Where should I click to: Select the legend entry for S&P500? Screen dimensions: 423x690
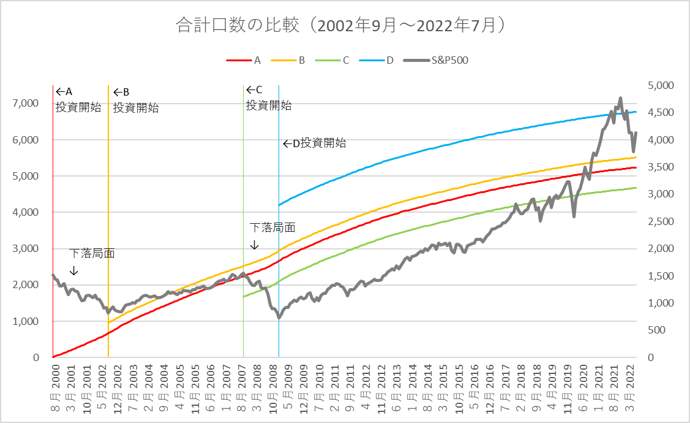[441, 60]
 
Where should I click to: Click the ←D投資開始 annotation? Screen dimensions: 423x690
[315, 143]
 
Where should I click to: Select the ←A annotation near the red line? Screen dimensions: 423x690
[64, 91]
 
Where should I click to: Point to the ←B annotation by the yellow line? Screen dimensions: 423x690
[121, 92]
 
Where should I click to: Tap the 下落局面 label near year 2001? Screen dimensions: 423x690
[92, 253]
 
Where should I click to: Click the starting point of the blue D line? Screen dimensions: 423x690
[279, 205]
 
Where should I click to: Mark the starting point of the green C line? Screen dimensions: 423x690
[244, 297]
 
